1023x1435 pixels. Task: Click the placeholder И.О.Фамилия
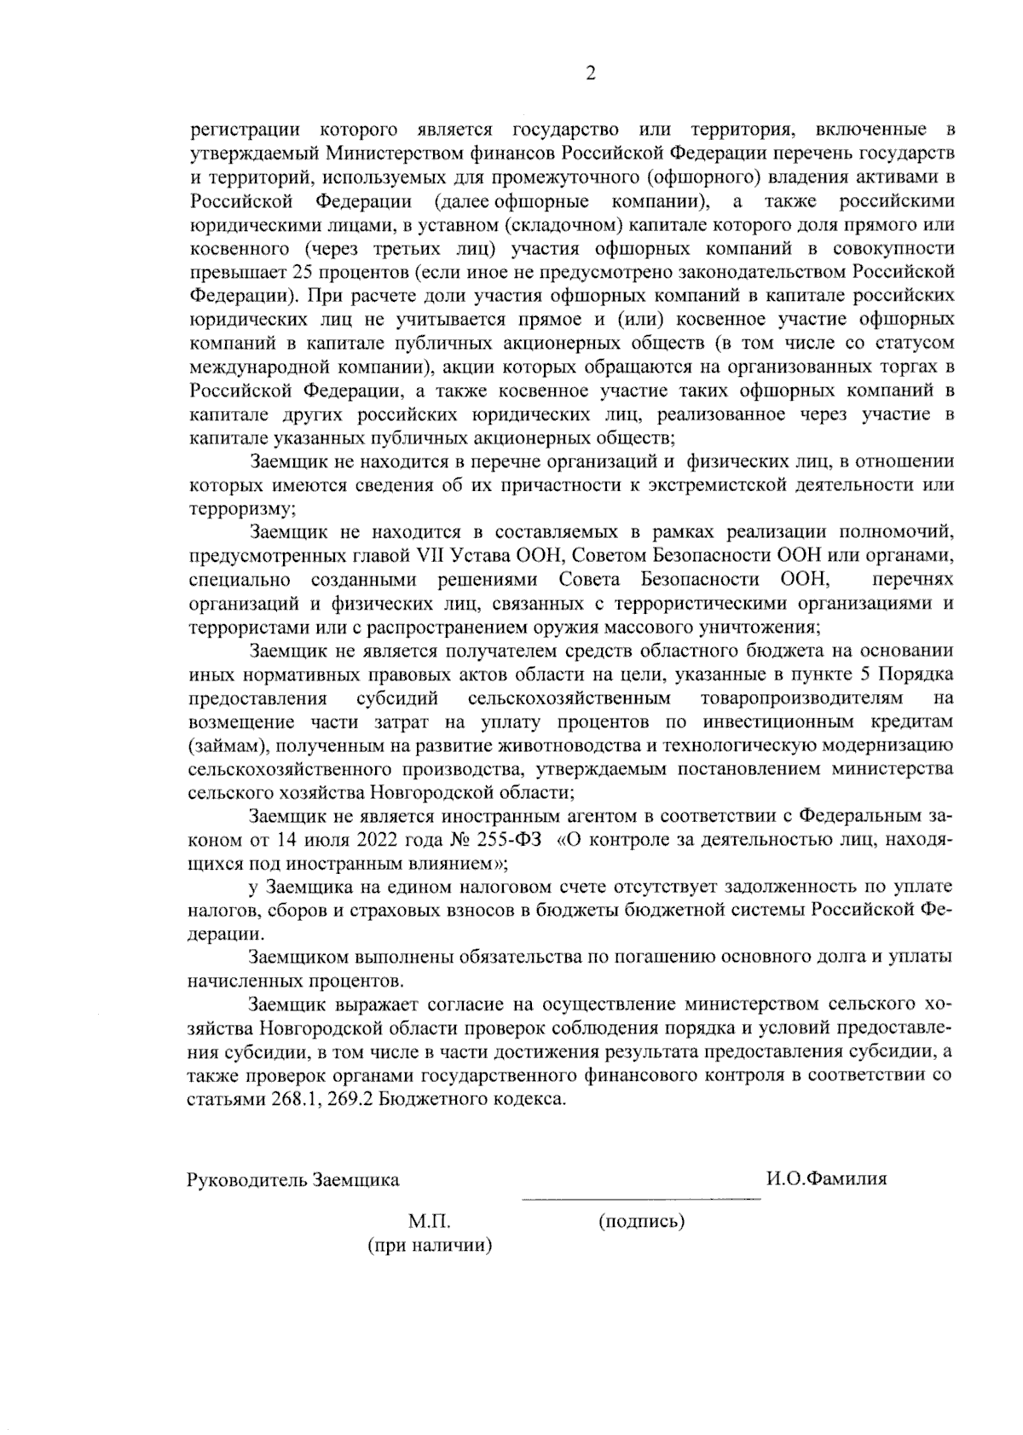coord(826,1179)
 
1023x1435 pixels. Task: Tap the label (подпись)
coord(642,1221)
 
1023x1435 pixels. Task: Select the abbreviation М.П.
coord(430,1221)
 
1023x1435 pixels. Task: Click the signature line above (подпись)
coord(641,1200)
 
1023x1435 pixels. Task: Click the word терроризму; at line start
coord(241,509)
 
